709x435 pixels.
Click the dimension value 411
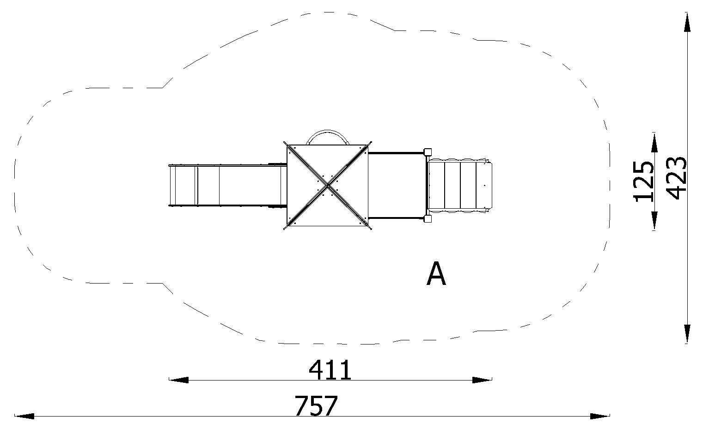point(330,369)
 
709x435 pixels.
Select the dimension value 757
point(316,406)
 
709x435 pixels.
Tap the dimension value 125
point(643,181)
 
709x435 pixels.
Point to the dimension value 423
point(676,178)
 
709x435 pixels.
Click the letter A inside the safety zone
point(436,274)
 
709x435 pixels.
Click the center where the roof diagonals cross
point(328,185)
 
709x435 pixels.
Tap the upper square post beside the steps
point(428,152)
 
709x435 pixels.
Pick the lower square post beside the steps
point(428,219)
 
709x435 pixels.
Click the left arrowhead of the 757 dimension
point(24,416)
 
